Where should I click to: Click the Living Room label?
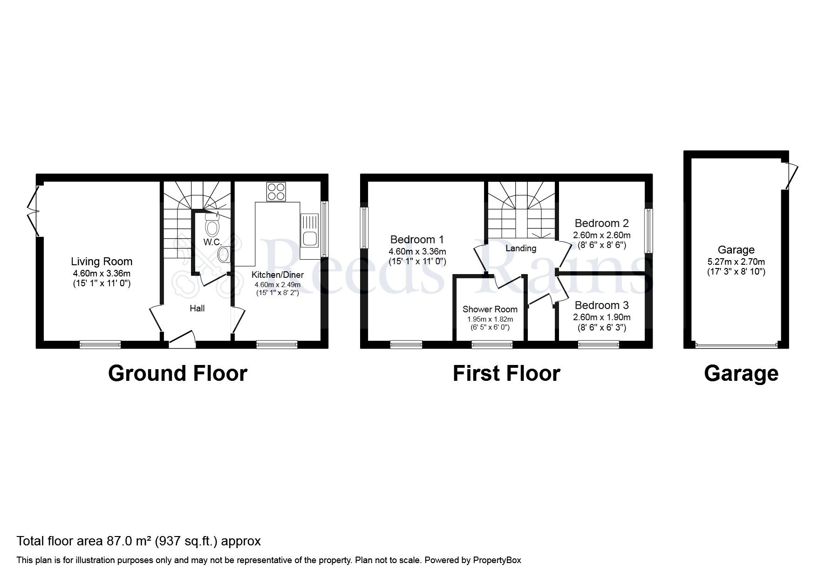102,261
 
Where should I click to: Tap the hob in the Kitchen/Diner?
276,192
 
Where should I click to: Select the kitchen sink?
309,233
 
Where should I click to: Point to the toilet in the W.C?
212,227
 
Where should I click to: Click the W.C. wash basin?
224,255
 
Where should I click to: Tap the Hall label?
197,308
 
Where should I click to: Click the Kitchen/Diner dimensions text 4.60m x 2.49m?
277,284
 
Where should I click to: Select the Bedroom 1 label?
417,240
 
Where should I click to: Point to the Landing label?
521,248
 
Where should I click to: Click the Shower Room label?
490,309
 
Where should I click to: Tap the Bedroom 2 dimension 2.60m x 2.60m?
602,235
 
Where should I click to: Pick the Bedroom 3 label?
601,305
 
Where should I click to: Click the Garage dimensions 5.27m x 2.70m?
736,262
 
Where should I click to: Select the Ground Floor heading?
177,373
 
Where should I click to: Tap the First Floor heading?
506,373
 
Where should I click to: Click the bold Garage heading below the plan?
741,373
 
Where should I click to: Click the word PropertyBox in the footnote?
497,560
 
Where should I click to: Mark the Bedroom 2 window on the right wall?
648,231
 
